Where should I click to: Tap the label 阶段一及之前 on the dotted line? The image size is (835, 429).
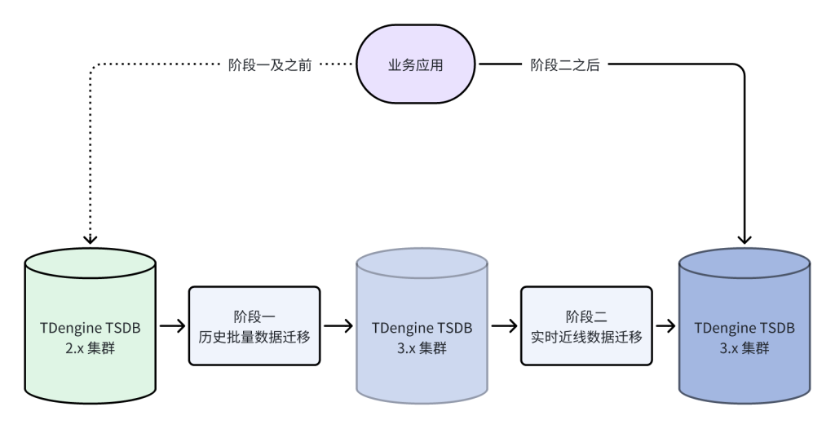(x=270, y=65)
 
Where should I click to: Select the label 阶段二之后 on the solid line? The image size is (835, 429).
(x=565, y=65)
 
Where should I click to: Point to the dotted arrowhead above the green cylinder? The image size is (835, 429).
(x=91, y=238)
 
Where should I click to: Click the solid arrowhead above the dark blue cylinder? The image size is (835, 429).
(x=744, y=238)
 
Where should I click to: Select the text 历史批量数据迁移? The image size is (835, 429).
(x=254, y=334)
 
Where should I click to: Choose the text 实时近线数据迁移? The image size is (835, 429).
(x=586, y=334)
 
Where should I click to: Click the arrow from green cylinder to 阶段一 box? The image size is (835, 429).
(x=172, y=325)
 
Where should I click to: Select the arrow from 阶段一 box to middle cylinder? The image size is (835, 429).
(x=338, y=325)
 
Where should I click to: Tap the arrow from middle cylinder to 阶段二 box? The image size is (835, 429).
(x=505, y=325)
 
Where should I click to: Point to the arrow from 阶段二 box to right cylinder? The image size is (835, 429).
(x=666, y=325)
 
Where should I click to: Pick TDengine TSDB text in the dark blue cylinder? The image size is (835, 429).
(x=744, y=326)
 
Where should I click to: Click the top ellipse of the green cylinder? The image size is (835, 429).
(x=91, y=263)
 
